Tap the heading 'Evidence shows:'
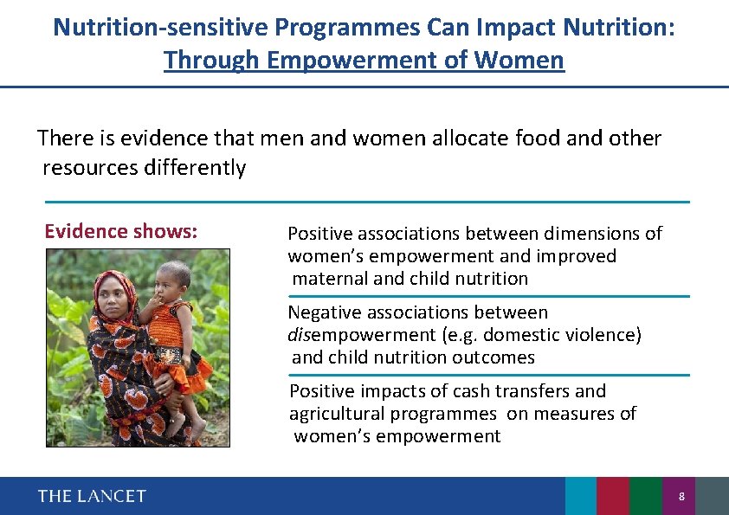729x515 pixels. pyautogui.click(x=121, y=231)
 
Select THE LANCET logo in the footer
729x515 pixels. pyautogui.click(x=92, y=496)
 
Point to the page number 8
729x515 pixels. pyautogui.click(x=681, y=497)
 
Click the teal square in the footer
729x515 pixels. pyautogui.click(x=581, y=496)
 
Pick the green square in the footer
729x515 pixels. pyautogui.click(x=645, y=496)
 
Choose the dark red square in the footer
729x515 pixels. pyautogui.click(x=613, y=496)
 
